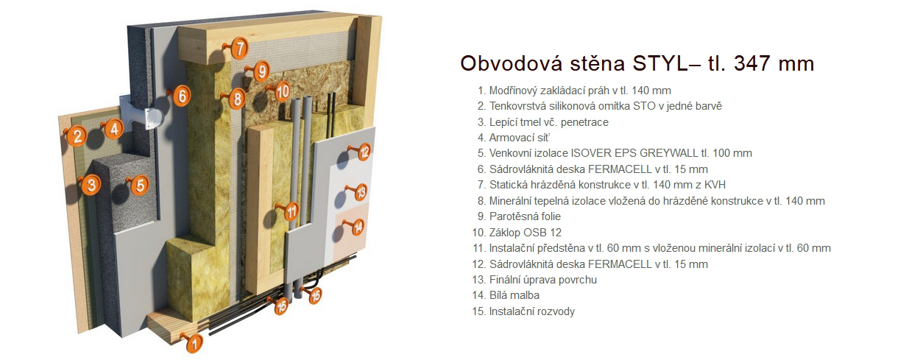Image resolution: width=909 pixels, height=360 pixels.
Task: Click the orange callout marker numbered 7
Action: (240, 49)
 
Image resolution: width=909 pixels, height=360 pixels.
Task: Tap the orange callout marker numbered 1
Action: (194, 344)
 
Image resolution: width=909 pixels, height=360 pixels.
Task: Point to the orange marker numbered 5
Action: (140, 185)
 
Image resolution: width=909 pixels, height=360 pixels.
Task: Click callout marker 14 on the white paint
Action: (358, 227)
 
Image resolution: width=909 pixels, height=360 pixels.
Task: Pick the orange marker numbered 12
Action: (364, 152)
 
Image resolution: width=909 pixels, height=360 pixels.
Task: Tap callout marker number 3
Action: (91, 185)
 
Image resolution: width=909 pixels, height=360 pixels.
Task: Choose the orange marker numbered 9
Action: (262, 71)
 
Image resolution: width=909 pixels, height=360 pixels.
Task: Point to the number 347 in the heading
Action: (752, 63)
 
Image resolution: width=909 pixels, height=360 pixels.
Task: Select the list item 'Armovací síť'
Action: (514, 138)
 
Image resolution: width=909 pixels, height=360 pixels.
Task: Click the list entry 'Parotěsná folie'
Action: (519, 216)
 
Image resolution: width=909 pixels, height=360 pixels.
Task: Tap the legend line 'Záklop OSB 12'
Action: (517, 233)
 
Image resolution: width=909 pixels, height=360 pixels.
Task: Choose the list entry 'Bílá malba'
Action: (506, 295)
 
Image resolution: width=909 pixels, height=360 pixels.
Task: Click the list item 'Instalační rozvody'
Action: (523, 311)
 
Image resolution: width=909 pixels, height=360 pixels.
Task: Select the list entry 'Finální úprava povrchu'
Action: (534, 280)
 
